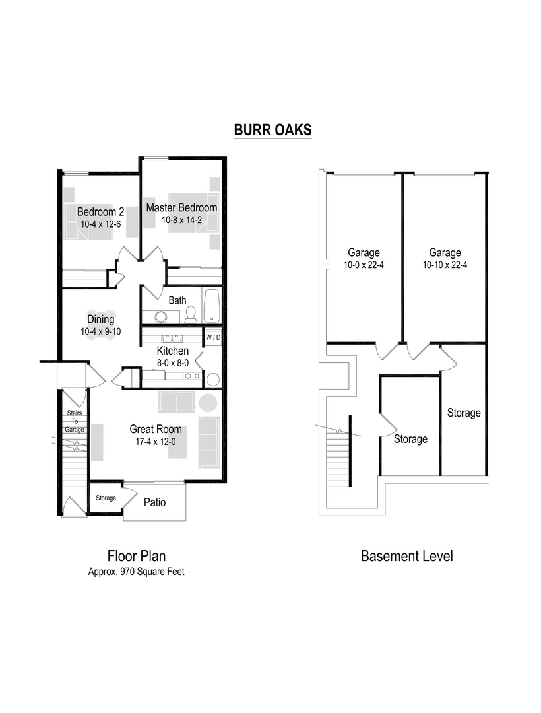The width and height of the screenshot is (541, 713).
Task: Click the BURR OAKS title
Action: (272, 130)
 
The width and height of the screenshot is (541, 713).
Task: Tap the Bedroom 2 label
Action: (100, 212)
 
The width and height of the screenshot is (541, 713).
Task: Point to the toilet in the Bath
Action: (191, 314)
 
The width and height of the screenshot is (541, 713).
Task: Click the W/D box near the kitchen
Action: (213, 337)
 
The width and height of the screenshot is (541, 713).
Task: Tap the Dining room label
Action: (101, 320)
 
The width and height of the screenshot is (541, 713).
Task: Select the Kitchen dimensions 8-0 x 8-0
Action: (173, 362)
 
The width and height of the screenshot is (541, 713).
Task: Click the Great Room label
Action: (156, 429)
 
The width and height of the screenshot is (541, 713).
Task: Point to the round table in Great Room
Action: (208, 403)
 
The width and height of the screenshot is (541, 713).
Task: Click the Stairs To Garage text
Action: (75, 421)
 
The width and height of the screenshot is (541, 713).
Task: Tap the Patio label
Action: (154, 502)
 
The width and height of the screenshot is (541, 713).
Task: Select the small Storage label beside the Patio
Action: (106, 498)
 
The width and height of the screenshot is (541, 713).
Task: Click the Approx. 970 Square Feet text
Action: (137, 572)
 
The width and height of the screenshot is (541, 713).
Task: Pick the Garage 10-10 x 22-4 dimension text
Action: (445, 265)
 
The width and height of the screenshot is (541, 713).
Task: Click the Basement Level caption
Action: (406, 556)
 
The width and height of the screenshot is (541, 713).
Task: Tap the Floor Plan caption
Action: (137, 556)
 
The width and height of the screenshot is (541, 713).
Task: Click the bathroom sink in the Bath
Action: (159, 315)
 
